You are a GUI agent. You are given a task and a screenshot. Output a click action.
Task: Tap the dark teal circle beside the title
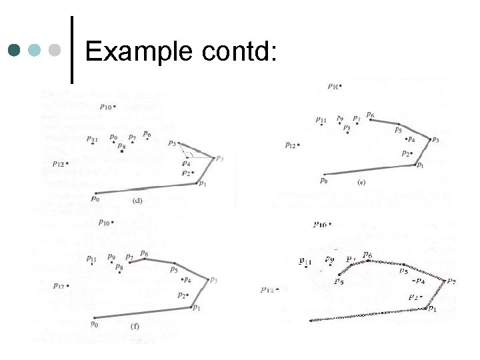click(14, 50)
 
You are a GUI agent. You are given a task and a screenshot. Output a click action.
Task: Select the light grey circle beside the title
click(55, 50)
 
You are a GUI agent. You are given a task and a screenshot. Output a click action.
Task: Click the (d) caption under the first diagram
click(138, 200)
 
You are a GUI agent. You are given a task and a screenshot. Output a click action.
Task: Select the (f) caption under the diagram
click(135, 327)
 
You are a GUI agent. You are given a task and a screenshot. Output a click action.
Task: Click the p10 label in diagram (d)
click(106, 106)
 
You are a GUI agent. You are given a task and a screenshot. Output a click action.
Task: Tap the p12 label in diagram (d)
click(58, 163)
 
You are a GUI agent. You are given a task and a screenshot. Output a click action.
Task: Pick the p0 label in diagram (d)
click(95, 198)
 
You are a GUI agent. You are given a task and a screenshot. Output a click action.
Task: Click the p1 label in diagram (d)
click(202, 184)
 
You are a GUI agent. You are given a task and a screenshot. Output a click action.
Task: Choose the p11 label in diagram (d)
click(92, 139)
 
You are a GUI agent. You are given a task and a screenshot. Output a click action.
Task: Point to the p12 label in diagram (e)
click(290, 145)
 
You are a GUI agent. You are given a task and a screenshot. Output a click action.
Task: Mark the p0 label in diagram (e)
click(324, 180)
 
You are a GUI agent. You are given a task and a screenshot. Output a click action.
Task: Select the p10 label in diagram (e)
click(333, 85)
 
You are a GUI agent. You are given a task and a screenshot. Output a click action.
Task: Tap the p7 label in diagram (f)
click(129, 257)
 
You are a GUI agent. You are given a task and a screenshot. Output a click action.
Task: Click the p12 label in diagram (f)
click(59, 285)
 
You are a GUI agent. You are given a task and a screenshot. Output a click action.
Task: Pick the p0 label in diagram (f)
click(95, 324)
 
